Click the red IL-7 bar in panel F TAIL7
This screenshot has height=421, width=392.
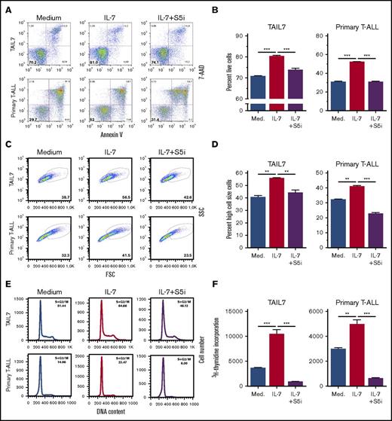click(x=276, y=362)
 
